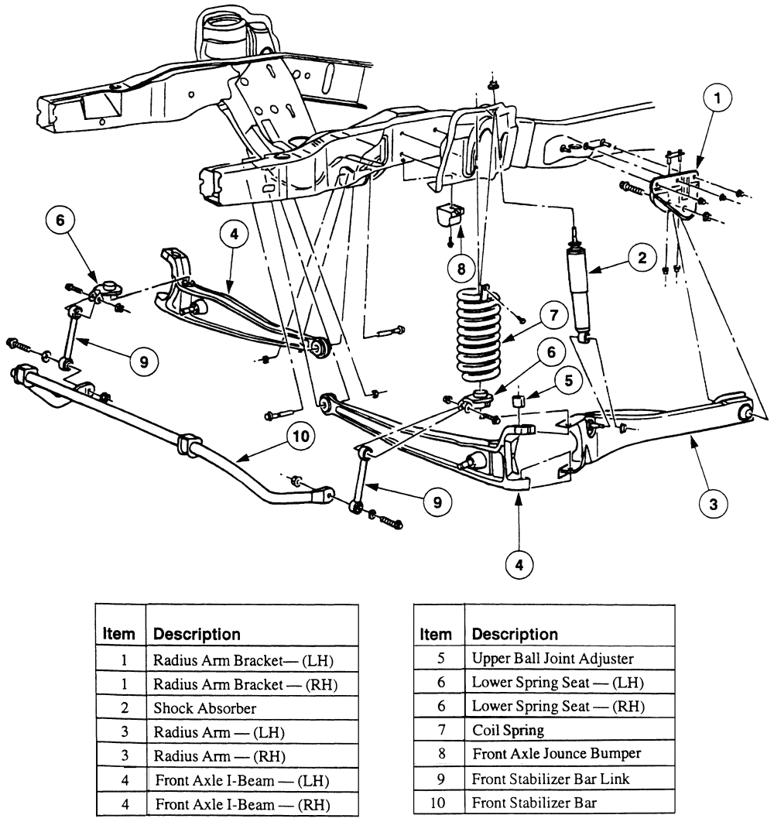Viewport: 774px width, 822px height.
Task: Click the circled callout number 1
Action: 717,98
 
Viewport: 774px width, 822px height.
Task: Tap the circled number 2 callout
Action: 642,259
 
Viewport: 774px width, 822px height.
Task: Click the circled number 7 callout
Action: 553,315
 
